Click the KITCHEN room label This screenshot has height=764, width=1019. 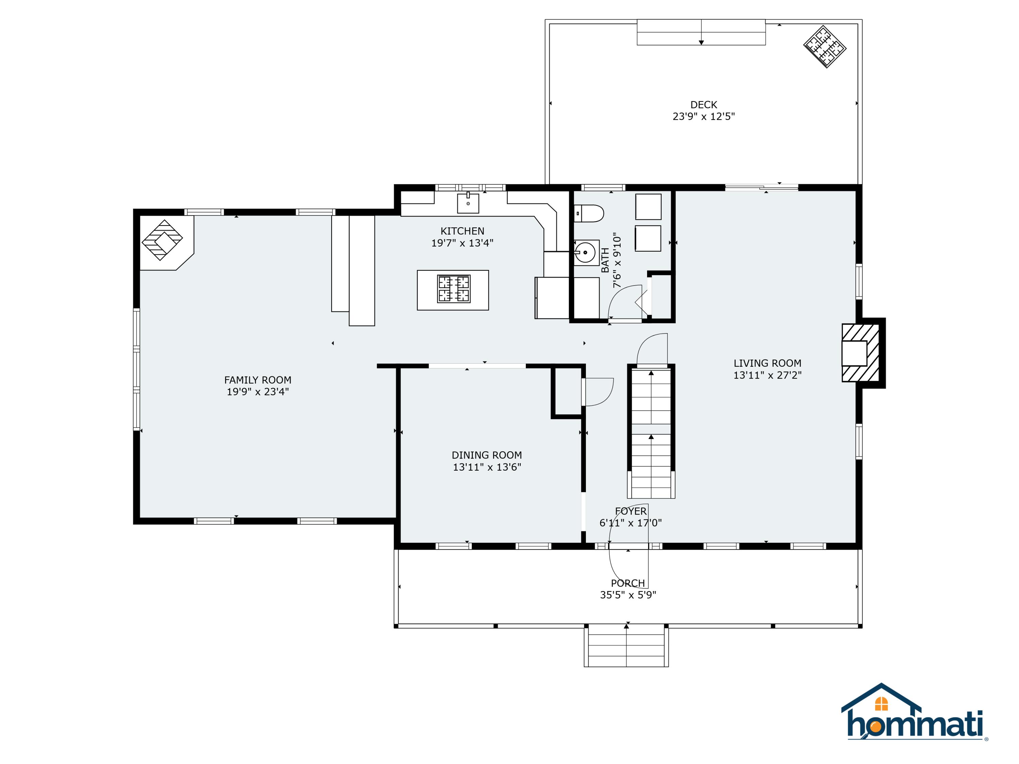[x=462, y=231]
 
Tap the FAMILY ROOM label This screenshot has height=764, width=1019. [x=257, y=380]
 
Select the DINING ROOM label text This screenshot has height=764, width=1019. [x=486, y=455]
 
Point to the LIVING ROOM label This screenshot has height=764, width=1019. [x=767, y=363]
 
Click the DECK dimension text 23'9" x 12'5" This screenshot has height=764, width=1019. [x=703, y=116]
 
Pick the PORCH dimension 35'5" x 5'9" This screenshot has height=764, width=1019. [x=628, y=595]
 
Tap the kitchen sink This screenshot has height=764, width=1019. [x=468, y=203]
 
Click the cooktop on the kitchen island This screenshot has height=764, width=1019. [x=454, y=289]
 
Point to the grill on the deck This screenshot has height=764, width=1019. [x=825, y=47]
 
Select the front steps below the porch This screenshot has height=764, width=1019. [x=626, y=646]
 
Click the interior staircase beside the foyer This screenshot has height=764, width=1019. [x=651, y=432]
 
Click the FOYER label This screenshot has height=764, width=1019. [x=631, y=511]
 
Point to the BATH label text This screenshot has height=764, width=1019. [x=605, y=260]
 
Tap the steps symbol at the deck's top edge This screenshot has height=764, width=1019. [x=701, y=32]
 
